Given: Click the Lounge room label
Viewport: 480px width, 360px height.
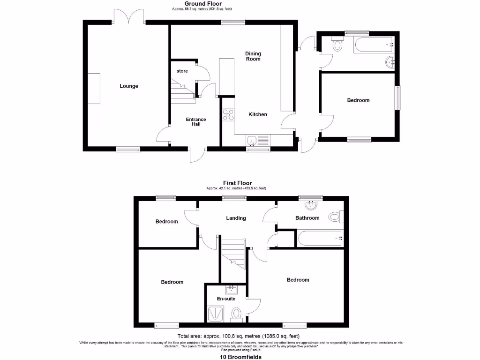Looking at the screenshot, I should (x=129, y=86).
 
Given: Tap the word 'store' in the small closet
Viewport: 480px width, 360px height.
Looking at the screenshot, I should (x=182, y=71).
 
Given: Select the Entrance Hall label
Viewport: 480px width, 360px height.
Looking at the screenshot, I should (x=196, y=122).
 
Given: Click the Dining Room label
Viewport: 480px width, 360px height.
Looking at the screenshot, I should (x=253, y=56).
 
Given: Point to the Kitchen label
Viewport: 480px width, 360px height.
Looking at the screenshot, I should (x=258, y=114).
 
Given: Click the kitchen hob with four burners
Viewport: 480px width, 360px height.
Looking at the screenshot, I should (x=228, y=115).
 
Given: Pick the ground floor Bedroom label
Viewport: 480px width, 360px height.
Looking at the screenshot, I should (x=358, y=100).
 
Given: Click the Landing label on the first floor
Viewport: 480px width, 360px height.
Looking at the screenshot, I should (x=236, y=218).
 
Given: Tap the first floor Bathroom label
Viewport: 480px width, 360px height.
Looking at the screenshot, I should (x=307, y=218).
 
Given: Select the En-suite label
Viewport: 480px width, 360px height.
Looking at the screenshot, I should (x=225, y=299).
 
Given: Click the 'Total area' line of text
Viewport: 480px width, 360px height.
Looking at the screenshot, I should (x=238, y=336).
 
